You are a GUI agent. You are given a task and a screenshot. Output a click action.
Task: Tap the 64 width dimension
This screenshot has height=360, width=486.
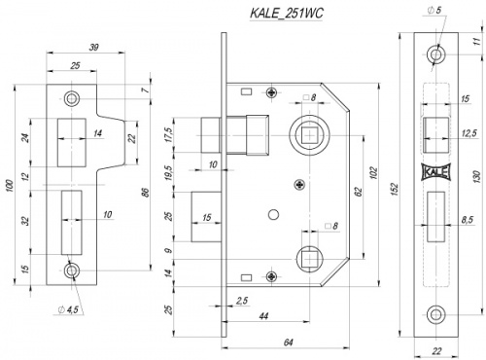tap(289, 343)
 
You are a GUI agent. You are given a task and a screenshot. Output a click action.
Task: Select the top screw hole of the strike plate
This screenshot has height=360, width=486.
tap(71, 98)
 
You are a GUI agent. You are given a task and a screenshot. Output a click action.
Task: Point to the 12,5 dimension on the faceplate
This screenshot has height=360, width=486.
tap(470, 132)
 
